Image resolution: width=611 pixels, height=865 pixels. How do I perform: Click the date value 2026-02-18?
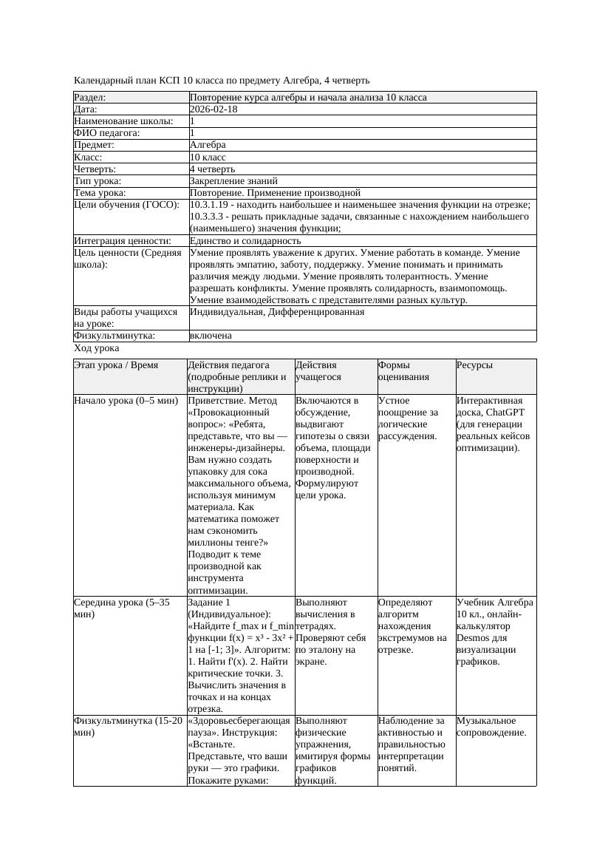click(214, 109)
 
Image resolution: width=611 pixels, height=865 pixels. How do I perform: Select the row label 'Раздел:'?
click(90, 98)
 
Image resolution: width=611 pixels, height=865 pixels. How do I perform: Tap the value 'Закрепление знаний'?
click(233, 180)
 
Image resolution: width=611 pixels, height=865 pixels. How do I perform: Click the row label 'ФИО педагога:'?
click(107, 133)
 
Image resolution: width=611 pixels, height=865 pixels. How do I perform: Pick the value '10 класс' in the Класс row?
click(208, 157)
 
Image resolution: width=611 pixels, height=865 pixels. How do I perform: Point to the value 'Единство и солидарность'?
click(245, 241)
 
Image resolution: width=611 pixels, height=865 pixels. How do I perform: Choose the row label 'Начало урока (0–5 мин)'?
click(126, 401)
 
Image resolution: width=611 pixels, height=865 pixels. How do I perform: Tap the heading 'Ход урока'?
click(97, 348)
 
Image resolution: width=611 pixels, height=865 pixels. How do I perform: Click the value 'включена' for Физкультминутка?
click(211, 336)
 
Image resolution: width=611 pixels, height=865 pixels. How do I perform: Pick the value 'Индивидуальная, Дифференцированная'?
click(276, 312)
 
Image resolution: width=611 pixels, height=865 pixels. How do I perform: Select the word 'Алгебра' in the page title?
click(298, 81)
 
